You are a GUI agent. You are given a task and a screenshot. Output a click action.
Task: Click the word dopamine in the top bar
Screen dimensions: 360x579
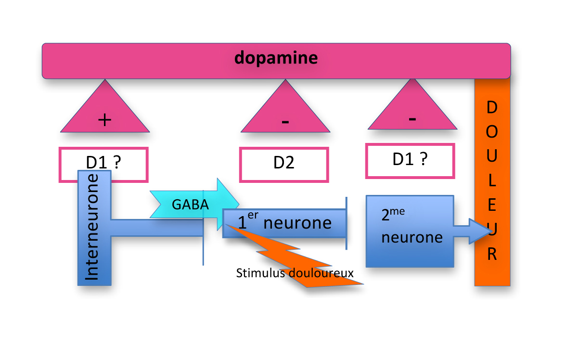tap(276, 58)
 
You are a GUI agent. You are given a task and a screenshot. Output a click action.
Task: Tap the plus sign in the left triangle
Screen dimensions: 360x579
tap(104, 119)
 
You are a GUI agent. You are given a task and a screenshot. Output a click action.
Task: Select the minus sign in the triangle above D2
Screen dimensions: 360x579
tap(285, 121)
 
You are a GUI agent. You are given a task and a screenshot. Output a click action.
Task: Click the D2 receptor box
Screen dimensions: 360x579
tap(284, 164)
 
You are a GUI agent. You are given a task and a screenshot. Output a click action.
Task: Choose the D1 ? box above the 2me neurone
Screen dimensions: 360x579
tap(410, 159)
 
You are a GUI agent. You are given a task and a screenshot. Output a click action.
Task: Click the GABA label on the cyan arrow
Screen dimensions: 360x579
tap(190, 205)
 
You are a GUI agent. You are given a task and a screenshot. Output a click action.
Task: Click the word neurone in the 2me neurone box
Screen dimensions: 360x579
tap(412, 237)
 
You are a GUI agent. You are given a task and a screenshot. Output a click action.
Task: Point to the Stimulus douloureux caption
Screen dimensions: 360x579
tap(295, 273)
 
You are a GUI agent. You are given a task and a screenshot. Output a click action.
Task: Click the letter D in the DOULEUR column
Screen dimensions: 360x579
tap(492, 107)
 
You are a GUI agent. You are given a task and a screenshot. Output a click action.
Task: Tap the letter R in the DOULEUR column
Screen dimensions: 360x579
tap(492, 255)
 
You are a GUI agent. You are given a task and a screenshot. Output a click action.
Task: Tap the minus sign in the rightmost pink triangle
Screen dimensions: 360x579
tap(412, 118)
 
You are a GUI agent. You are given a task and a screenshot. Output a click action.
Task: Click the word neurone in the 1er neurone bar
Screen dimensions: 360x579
tap(297, 223)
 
